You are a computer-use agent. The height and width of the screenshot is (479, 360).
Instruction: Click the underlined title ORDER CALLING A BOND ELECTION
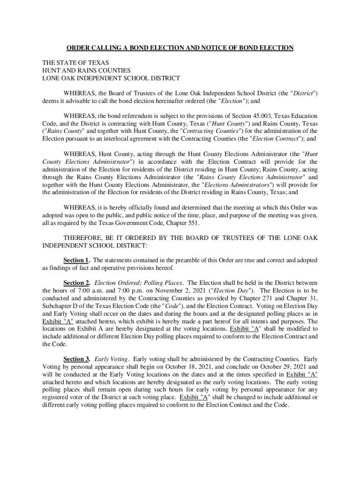180,48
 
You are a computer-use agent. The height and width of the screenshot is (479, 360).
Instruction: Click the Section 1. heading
77,260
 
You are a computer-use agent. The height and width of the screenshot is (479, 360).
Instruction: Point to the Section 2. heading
77,283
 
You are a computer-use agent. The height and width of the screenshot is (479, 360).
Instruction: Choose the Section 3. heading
77,359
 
